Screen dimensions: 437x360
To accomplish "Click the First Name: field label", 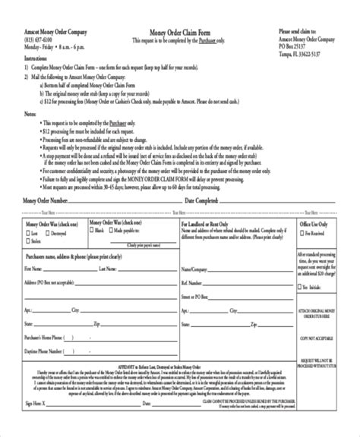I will pos(33,269).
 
